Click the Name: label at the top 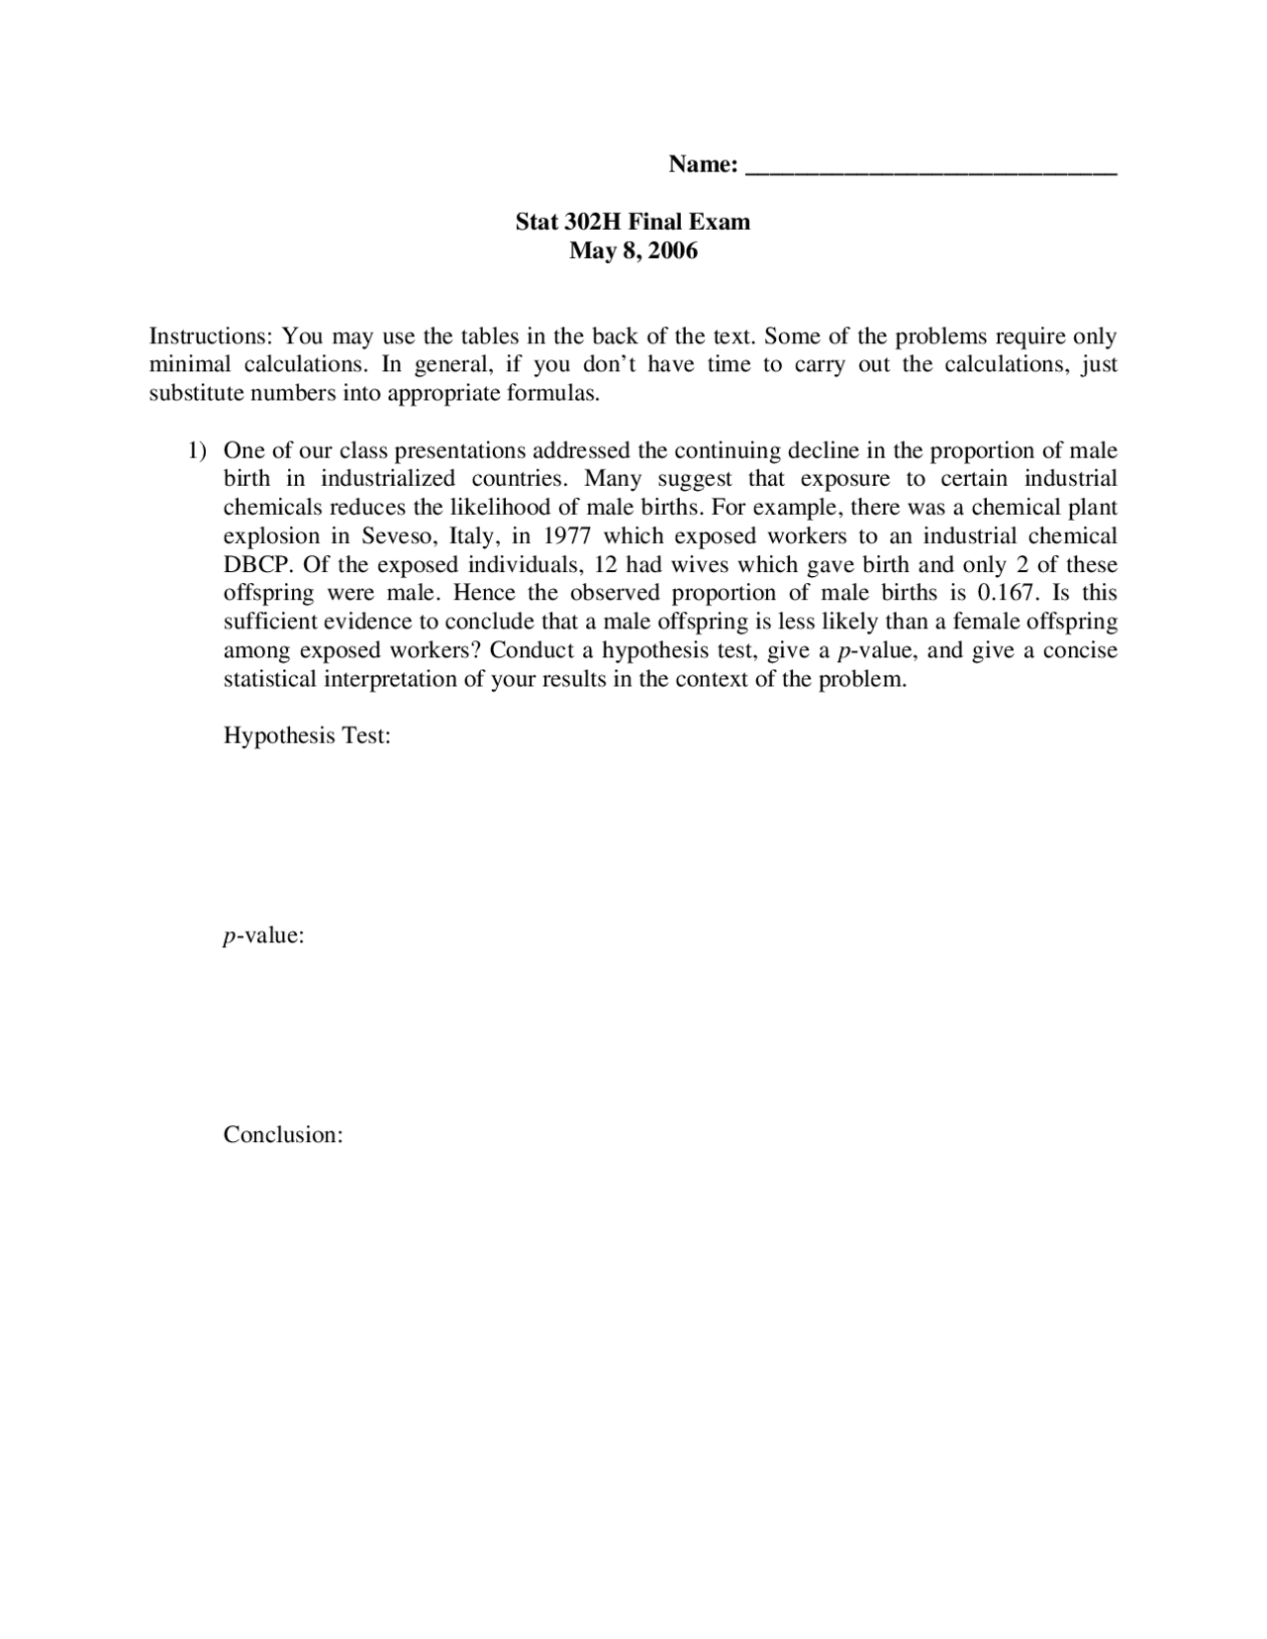pos(703,164)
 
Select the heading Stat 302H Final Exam pos(633,222)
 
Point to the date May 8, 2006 pos(633,250)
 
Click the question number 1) pos(198,451)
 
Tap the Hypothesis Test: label pos(307,736)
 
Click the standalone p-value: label pos(263,936)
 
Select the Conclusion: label pos(283,1135)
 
